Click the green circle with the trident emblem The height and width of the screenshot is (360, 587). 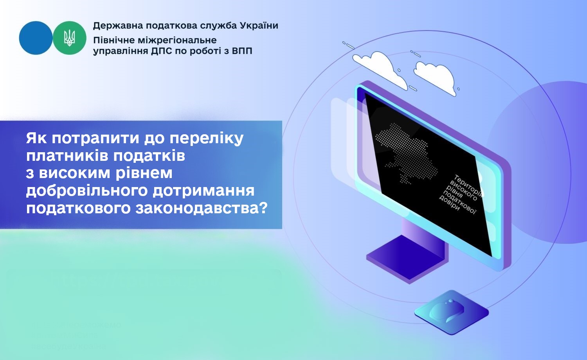tap(70, 38)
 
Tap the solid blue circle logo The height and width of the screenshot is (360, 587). tap(36, 38)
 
